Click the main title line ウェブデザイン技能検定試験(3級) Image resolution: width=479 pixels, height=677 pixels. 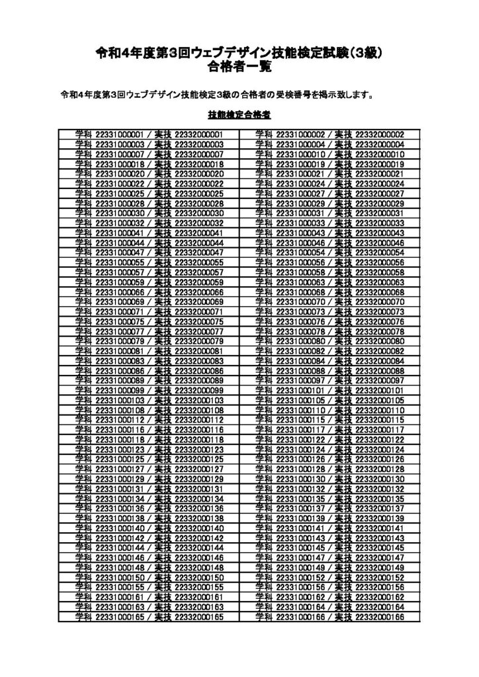tap(239, 53)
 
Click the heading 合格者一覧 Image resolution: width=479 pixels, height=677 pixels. tap(239, 67)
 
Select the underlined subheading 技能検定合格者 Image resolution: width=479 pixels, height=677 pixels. tap(239, 114)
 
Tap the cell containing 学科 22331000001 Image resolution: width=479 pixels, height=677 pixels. tap(148, 135)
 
